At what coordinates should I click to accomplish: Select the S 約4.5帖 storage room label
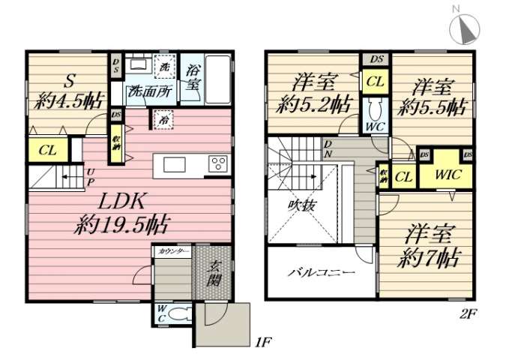[x=66, y=91]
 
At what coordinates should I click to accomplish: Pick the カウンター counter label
[x=172, y=252]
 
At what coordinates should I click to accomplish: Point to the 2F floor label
[x=468, y=313]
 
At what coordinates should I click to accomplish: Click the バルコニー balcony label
[x=322, y=272]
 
